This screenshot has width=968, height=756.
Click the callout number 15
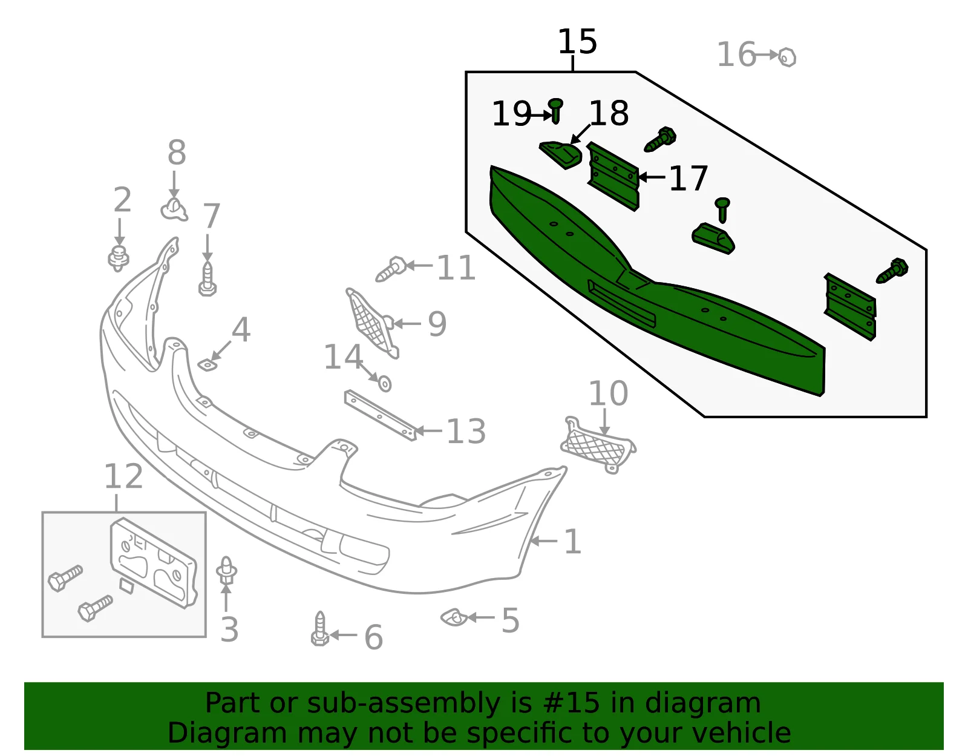pos(577,41)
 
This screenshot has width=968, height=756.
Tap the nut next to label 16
pos(787,58)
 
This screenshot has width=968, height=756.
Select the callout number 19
pos(511,114)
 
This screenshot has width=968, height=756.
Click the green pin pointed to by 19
pos(555,111)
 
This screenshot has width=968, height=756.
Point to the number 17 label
pos(688,178)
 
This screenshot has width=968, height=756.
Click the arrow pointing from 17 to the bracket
pos(652,177)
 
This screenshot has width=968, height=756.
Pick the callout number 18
pos(609,113)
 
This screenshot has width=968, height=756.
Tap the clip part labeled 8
pos(174,210)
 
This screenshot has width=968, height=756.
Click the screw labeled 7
pos(208,279)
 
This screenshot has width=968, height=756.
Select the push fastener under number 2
pos(119,258)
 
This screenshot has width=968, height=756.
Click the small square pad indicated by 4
pos(207,366)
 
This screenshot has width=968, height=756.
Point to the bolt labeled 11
pos(391,269)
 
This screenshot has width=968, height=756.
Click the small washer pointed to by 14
pos(384,384)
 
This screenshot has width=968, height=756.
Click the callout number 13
pos(466,431)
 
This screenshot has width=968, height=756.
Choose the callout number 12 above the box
pos(123,476)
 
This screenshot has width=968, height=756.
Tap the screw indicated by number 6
pos(320,629)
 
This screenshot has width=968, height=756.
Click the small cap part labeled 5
pos(454,617)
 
